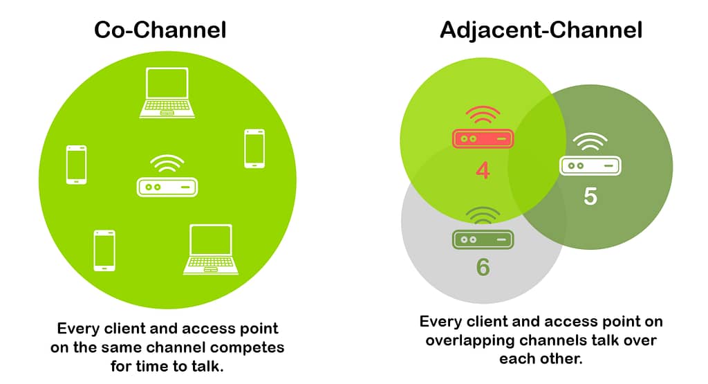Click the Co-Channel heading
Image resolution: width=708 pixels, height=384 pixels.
[160, 30]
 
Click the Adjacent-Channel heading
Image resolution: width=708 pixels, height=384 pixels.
[541, 30]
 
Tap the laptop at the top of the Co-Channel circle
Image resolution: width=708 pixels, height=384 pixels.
[167, 93]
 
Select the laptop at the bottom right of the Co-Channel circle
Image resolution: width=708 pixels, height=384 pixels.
[210, 249]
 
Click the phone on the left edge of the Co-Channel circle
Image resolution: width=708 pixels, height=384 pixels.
[76, 165]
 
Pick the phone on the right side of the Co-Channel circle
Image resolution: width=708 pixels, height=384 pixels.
[254, 149]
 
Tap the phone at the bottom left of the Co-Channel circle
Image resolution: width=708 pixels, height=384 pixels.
[104, 250]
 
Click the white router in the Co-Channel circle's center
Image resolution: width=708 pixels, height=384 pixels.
[167, 187]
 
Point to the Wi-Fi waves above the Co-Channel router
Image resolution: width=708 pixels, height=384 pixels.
[167, 163]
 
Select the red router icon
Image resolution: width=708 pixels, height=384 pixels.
[483, 138]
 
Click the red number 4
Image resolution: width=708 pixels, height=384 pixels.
[483, 170]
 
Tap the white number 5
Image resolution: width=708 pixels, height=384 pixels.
[590, 196]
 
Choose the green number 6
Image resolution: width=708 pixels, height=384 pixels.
[483, 266]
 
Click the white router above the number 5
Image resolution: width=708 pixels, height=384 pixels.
[590, 166]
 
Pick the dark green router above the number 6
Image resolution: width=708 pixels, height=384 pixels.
[483, 239]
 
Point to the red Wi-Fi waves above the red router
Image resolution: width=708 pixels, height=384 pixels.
[483, 115]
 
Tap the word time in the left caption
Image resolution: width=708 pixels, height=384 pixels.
[152, 366]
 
